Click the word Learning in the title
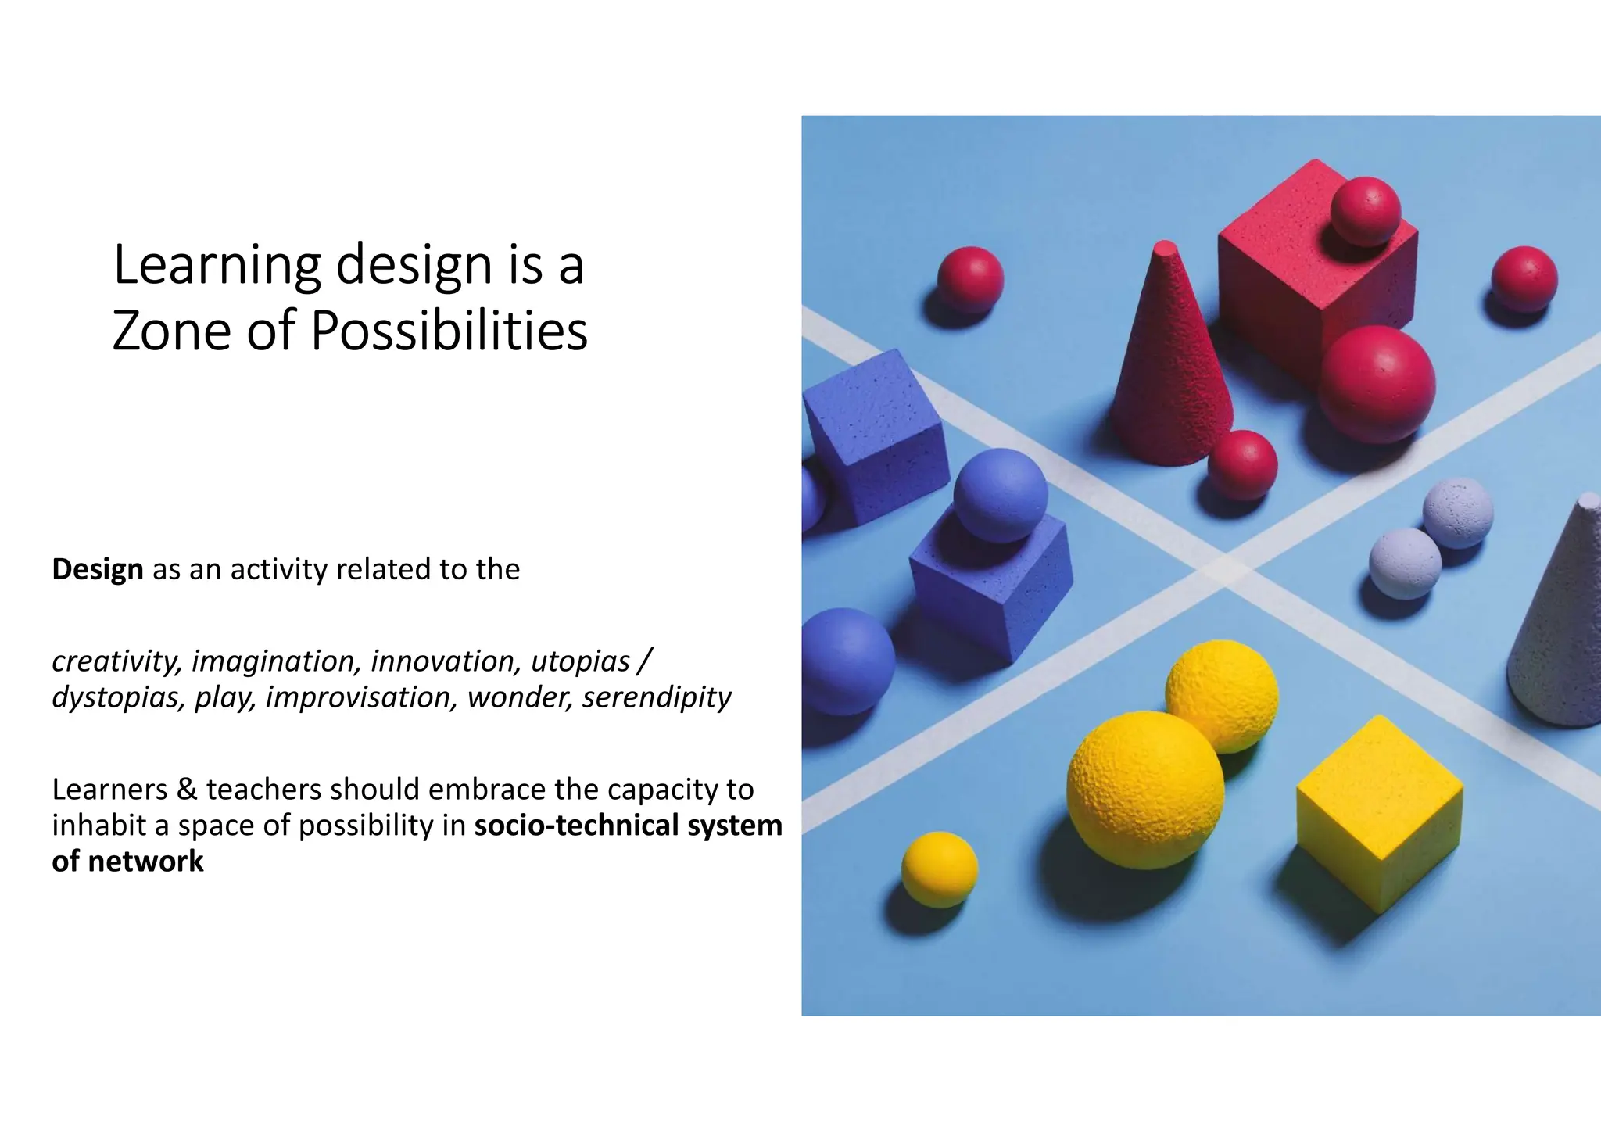(x=217, y=266)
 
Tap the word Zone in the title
(x=172, y=331)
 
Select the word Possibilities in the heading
(x=449, y=331)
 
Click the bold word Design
(x=98, y=569)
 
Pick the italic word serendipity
(x=657, y=697)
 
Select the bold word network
(x=145, y=862)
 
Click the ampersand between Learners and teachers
(x=187, y=790)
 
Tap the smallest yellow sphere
(x=939, y=869)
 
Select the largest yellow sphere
(x=1145, y=790)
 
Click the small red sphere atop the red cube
(x=1366, y=211)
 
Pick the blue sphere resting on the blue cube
(x=1000, y=495)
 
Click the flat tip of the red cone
(x=1166, y=248)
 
